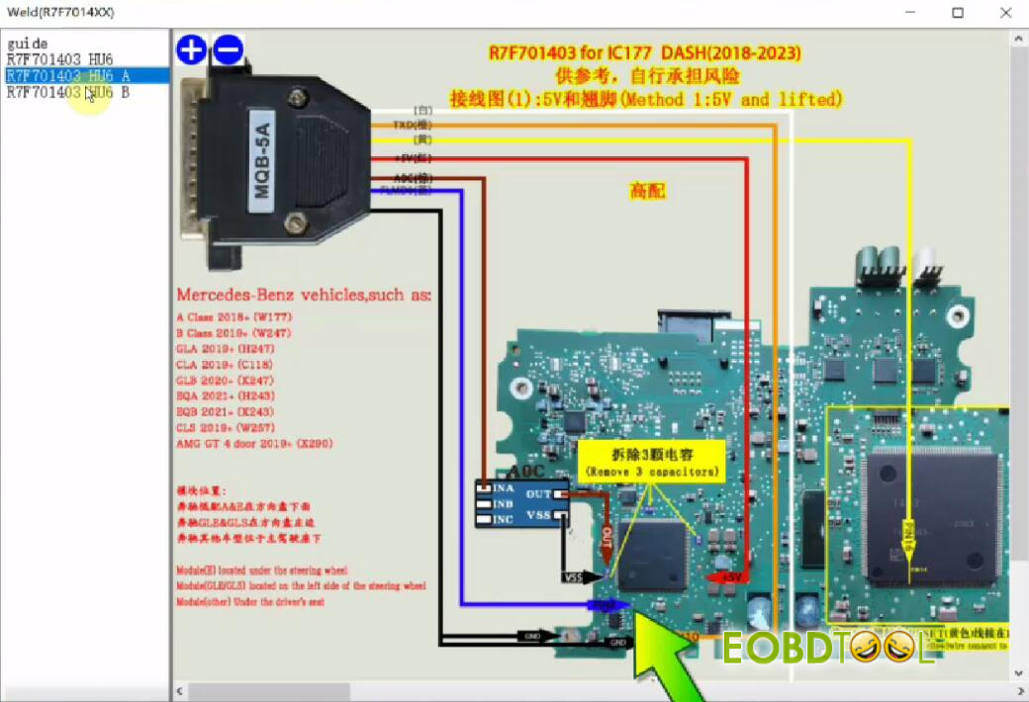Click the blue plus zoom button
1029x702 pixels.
tap(191, 49)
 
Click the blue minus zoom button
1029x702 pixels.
tap(228, 49)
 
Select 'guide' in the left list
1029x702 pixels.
tap(28, 44)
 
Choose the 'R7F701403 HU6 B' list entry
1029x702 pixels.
tap(67, 92)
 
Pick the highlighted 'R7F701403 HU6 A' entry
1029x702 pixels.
tap(67, 76)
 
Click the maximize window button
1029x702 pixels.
tap(957, 12)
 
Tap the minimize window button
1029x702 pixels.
tap(910, 12)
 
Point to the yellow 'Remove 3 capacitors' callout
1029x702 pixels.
tap(651, 462)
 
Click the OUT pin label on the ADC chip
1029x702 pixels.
tap(539, 493)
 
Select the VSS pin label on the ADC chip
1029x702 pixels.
tap(539, 514)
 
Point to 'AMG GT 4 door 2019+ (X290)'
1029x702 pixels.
tap(254, 443)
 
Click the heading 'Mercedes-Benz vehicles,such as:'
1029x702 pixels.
tap(304, 295)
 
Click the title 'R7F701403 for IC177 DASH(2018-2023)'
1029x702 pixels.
tap(645, 52)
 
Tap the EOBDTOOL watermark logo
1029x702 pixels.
tap(827, 648)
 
